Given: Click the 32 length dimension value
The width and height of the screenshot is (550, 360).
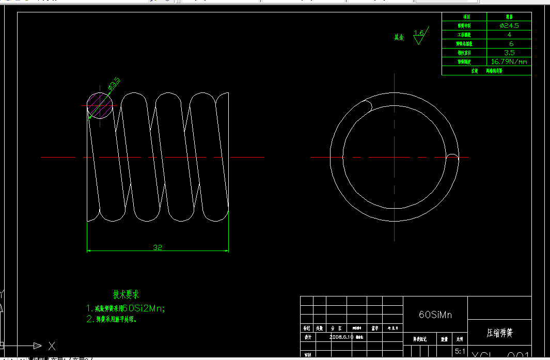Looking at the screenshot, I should pyautogui.click(x=158, y=247).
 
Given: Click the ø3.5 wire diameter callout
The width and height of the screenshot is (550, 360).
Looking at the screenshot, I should pyautogui.click(x=114, y=83).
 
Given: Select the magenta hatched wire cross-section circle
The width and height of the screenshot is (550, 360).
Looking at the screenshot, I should pyautogui.click(x=99, y=105).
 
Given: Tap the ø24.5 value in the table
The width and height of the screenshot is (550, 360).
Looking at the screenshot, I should pyautogui.click(x=509, y=25).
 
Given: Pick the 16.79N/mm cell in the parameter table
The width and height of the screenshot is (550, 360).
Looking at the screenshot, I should pyautogui.click(x=509, y=61).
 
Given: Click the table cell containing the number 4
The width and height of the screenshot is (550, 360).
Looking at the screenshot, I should pyautogui.click(x=509, y=35).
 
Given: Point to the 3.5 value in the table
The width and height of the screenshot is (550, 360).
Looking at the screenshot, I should pyautogui.click(x=509, y=53).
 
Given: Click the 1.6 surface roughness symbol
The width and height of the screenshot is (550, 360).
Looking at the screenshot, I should pyautogui.click(x=419, y=35).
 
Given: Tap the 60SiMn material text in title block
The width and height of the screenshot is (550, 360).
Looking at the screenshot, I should pyautogui.click(x=435, y=315).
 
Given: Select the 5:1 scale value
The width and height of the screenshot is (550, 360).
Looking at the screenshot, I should pyautogui.click(x=459, y=351).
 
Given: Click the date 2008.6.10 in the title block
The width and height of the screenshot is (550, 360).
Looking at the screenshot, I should pyautogui.click(x=341, y=337).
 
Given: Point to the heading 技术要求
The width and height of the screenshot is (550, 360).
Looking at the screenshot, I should pyautogui.click(x=126, y=294).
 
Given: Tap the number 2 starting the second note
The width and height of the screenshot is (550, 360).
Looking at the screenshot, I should pyautogui.click(x=88, y=319).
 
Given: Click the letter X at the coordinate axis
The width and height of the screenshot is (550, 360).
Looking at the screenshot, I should pyautogui.click(x=52, y=346).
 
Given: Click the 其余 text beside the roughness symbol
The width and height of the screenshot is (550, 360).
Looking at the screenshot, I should pyautogui.click(x=399, y=37).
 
